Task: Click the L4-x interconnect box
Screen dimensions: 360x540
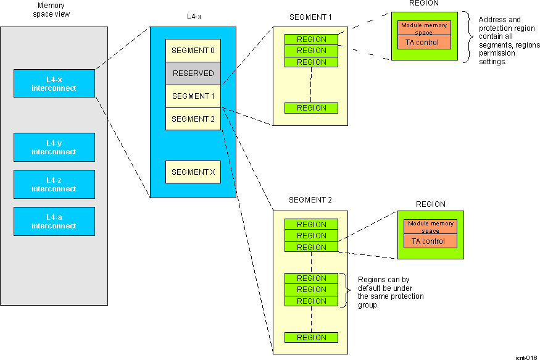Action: point(54,83)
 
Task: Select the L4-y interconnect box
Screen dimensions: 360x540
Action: point(54,147)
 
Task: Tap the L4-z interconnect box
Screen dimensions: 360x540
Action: point(54,184)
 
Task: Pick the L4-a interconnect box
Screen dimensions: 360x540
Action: point(54,221)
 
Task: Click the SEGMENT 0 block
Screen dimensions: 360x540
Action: point(193,51)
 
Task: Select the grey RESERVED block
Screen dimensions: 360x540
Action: point(193,73)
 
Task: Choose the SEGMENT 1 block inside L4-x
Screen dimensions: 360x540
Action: point(193,96)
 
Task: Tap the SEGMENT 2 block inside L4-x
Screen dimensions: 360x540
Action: point(193,119)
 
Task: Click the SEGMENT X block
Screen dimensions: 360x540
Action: point(193,172)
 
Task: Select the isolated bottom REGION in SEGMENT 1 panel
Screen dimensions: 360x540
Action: point(311,108)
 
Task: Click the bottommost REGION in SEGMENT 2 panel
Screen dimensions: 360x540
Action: point(311,338)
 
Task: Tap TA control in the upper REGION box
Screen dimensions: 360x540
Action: point(423,43)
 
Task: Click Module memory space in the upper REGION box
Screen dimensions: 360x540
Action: point(423,28)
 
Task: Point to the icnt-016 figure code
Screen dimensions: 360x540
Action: point(526,357)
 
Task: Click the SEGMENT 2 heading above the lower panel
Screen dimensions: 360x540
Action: point(310,200)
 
